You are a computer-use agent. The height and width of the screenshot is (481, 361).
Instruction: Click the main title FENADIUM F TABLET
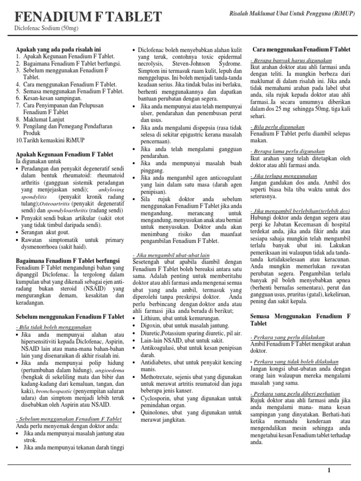click(x=88, y=17)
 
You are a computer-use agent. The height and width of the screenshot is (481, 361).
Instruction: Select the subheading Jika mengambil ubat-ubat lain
click(x=172, y=254)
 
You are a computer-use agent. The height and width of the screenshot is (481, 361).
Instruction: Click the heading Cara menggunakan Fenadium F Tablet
click(x=301, y=49)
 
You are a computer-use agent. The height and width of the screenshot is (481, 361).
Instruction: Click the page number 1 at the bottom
click(x=329, y=470)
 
